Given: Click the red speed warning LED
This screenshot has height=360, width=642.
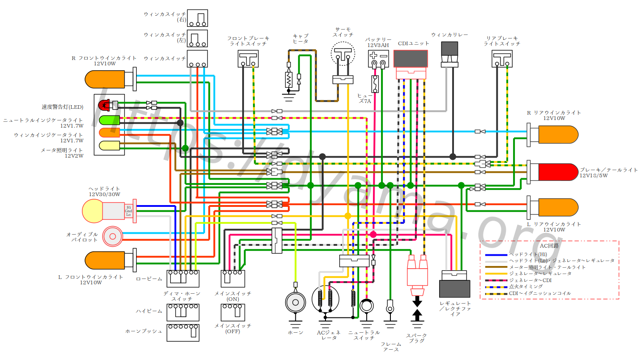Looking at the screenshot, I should [105, 106].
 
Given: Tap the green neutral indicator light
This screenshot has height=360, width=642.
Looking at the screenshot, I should [108, 120].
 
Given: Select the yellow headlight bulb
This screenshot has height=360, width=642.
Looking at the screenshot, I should [93, 211].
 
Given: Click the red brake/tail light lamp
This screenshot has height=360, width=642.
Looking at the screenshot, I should [558, 172].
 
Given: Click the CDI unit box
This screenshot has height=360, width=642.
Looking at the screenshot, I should [411, 59].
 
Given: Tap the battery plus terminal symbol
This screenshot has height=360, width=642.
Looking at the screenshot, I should [374, 56].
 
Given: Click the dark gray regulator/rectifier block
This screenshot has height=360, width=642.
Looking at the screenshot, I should [455, 289].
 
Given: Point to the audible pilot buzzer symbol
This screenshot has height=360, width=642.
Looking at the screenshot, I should [112, 236].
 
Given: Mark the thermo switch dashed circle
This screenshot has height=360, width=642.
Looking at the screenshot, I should [342, 55].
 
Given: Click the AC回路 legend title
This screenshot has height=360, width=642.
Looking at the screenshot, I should [549, 246].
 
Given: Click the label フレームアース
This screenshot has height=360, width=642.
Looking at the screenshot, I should [390, 347].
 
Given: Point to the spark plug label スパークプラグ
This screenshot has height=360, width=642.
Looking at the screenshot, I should [416, 338].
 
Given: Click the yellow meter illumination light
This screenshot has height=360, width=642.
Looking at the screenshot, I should [108, 145].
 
